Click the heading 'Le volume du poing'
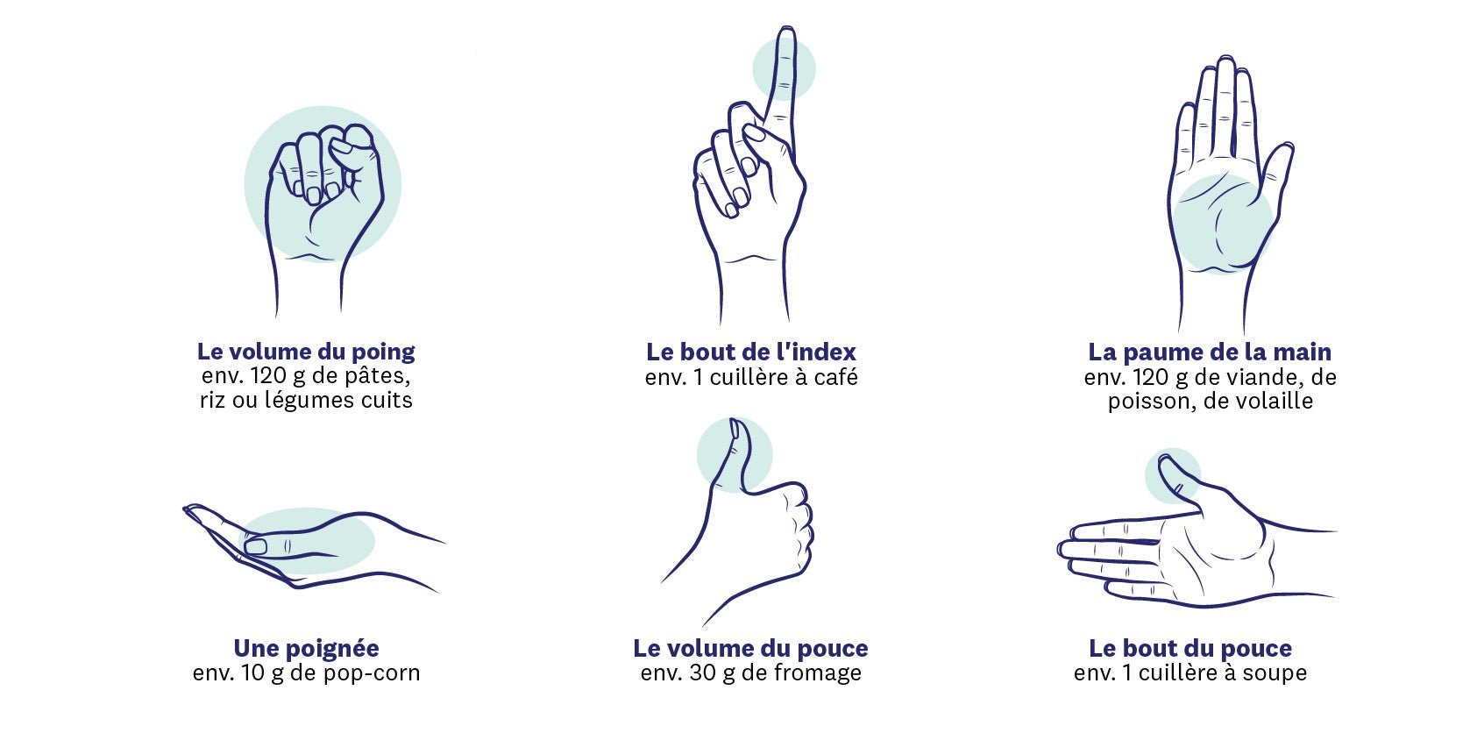pos(306,352)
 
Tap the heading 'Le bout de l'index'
pos(750,352)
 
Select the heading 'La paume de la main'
pos(1210,352)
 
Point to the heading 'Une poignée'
pos(307,648)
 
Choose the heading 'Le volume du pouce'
pos(750,648)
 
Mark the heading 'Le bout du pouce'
pos(1190,648)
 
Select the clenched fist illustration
pos(323,217)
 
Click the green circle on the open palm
pos(1222,223)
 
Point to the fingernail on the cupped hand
pos(256,546)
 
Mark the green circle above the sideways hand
pos(1173,476)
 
